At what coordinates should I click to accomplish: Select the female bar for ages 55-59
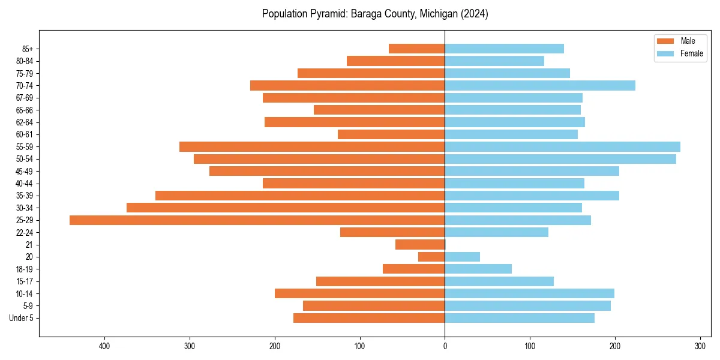562,146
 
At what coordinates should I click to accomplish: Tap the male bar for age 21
419,245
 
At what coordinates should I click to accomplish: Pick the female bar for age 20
462,257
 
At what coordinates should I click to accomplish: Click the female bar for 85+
504,49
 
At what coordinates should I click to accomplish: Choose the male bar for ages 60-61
391,134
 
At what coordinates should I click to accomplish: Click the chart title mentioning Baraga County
375,14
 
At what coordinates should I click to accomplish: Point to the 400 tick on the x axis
104,346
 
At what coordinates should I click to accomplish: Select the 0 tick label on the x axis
445,346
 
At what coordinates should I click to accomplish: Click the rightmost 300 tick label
700,346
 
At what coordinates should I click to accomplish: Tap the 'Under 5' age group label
21,318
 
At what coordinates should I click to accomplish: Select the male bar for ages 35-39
299,196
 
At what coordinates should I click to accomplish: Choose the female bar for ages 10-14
529,293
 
